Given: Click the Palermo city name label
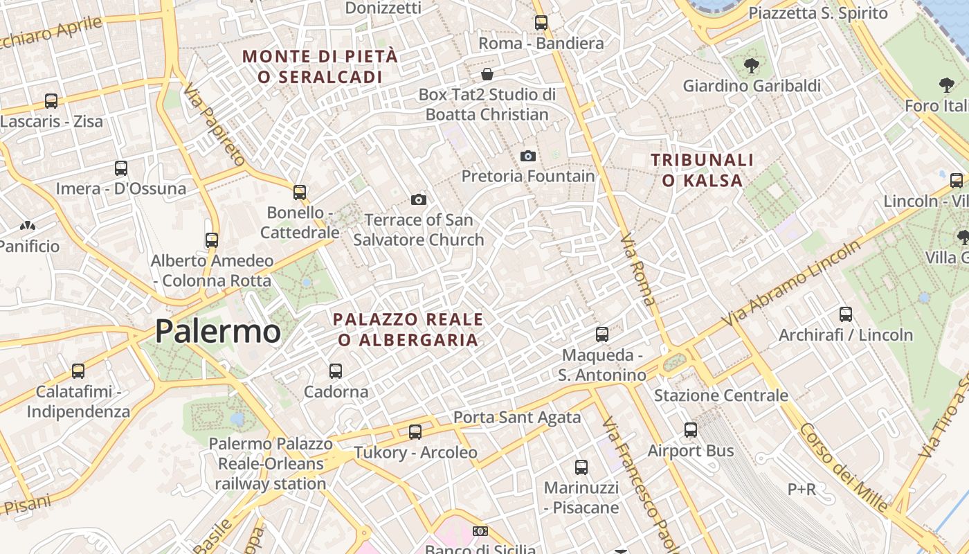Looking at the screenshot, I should coord(217,331).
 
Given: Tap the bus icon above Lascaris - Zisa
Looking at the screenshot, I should coord(51,101).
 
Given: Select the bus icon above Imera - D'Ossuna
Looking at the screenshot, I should coord(121,168).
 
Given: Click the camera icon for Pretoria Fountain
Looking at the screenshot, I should coord(528,157).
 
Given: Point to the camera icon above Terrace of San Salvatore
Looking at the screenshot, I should coord(418,200).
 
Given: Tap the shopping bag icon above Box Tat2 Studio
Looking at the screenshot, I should coord(487,74).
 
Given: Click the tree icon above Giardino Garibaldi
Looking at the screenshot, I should coord(751,66).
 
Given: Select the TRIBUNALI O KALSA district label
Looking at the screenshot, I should coord(702,170).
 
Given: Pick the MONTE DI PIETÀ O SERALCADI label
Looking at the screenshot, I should coord(320,66).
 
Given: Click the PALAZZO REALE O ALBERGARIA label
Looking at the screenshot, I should coord(408,330).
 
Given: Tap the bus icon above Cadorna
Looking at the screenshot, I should coord(336,371).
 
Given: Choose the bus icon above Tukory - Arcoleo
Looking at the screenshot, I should coord(415,432).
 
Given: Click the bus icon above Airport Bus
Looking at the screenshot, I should coord(690,430).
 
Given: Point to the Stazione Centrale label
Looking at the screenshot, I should coord(721,395).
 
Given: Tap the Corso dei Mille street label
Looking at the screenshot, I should coord(843,467).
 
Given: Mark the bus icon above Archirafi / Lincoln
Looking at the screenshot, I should coord(845,314).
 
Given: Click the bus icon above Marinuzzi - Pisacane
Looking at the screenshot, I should coord(581,467).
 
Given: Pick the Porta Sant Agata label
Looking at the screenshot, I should coord(517,418).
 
